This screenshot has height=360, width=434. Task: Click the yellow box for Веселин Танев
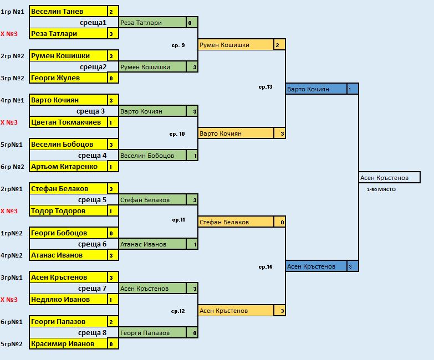[x=68, y=12]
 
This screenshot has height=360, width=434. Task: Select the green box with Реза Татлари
[x=152, y=23]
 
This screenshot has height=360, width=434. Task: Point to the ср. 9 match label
[x=178, y=45]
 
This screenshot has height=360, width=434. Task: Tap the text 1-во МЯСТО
[x=381, y=189]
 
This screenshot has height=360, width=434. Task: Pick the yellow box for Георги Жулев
[x=68, y=78]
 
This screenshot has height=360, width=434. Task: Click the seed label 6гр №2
[x=13, y=167]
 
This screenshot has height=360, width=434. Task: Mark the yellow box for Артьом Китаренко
[x=68, y=167]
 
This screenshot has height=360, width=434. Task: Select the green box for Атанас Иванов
[x=152, y=244]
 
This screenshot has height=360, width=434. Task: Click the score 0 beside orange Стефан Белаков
[x=283, y=222]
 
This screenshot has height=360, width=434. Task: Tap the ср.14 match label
[x=265, y=267]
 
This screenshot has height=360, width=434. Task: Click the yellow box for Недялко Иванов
[x=68, y=300]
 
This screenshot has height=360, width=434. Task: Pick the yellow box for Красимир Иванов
[x=68, y=344]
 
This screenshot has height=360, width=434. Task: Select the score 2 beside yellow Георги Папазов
[x=111, y=322]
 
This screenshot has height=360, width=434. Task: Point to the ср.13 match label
[x=265, y=87]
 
